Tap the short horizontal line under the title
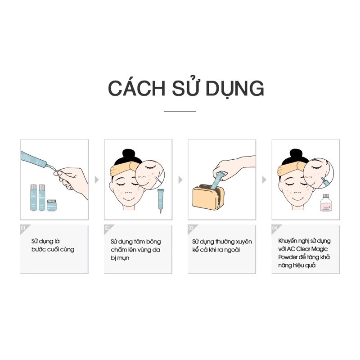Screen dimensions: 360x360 pos(180,111)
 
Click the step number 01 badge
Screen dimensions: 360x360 pos(23,228)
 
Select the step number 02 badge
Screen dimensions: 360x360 pos(108,228)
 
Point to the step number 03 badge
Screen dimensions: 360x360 pos(191,228)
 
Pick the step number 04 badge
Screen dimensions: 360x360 pos(275,228)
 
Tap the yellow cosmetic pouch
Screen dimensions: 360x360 pos(208,200)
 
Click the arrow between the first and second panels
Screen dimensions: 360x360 pos(96,180)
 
